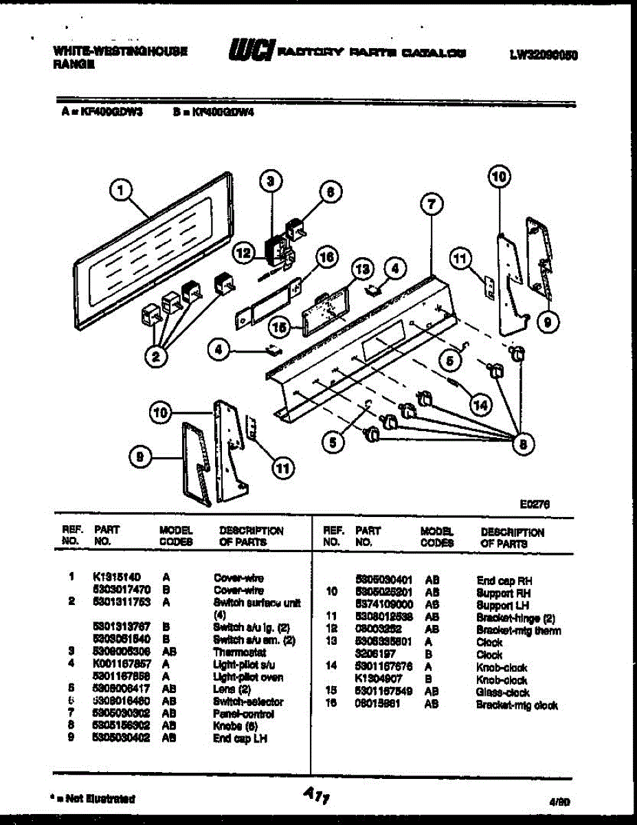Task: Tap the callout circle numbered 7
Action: [x=430, y=203]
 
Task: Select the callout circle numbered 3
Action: [x=270, y=181]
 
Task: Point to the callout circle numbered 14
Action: [x=480, y=405]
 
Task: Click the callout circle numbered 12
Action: [x=242, y=253]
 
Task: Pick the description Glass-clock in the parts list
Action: [x=502, y=693]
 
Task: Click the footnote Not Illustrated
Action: [x=95, y=799]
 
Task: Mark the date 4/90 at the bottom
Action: [x=559, y=800]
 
